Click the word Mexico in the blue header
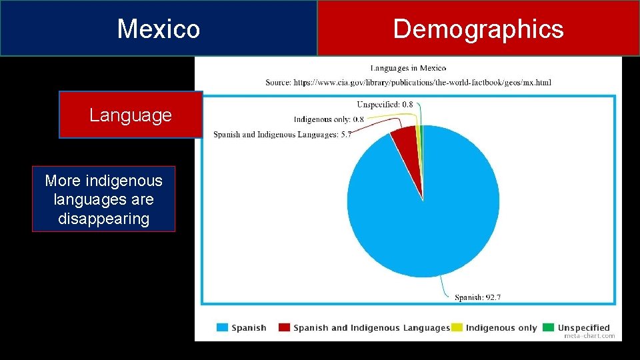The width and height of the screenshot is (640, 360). (158, 29)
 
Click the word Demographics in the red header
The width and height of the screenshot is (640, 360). (478, 29)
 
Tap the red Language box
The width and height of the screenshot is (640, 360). (131, 115)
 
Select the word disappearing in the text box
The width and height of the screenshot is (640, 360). (103, 219)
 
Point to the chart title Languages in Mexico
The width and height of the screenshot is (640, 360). (408, 67)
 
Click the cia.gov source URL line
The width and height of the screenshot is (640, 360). (408, 82)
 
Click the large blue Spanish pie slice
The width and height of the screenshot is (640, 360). (427, 213)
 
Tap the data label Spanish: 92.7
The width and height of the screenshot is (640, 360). (477, 297)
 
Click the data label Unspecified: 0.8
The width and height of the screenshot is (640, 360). (385, 105)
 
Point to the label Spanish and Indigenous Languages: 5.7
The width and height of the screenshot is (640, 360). (282, 134)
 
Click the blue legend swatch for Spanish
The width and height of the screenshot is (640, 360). (222, 327)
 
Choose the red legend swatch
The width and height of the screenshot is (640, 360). (285, 327)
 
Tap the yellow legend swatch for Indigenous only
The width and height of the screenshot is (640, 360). (457, 327)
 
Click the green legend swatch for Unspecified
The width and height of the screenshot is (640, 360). (548, 327)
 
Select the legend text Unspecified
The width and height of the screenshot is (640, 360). (584, 327)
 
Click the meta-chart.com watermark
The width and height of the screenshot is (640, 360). (589, 336)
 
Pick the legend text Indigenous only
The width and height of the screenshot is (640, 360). (501, 327)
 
